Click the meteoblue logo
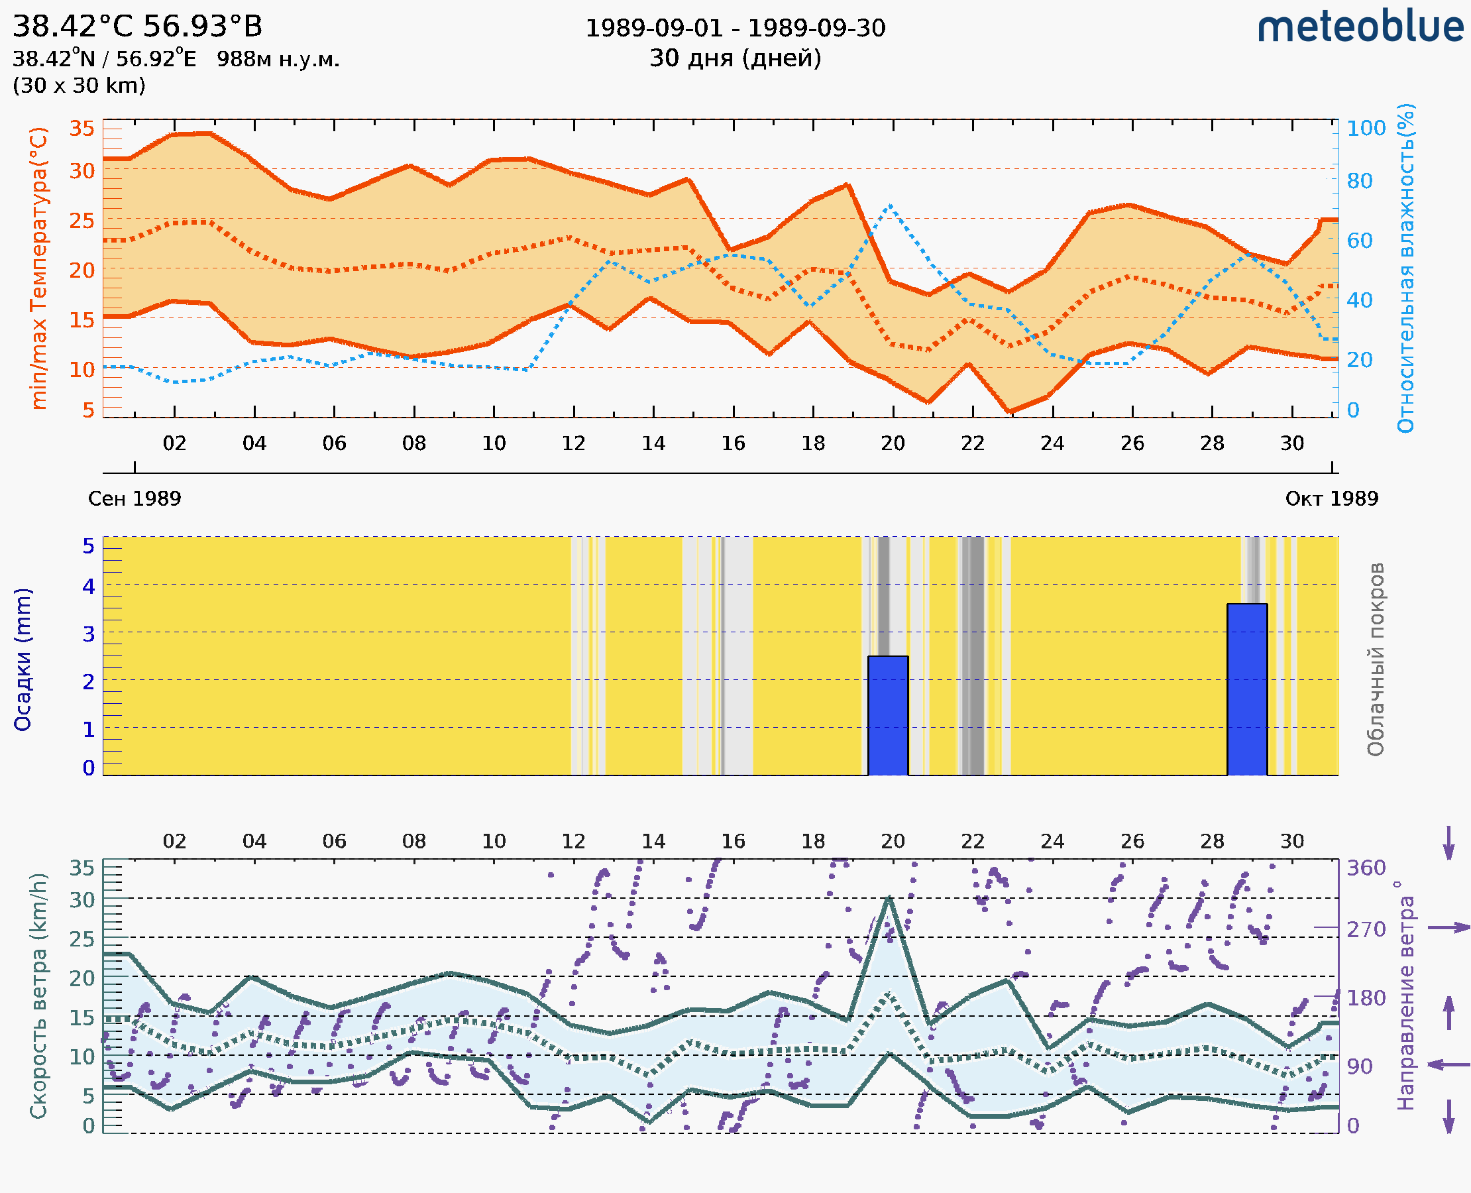click(1360, 27)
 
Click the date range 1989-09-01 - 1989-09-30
click(735, 28)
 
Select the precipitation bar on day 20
click(888, 715)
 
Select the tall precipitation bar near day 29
click(1246, 689)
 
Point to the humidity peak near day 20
click(890, 205)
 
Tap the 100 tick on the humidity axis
click(1365, 128)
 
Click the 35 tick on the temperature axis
click(82, 128)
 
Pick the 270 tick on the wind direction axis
click(1365, 929)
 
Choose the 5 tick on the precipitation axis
click(89, 546)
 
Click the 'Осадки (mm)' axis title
click(23, 659)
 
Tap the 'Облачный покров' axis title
click(1376, 659)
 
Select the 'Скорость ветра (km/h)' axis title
click(38, 995)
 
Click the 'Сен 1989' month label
click(135, 498)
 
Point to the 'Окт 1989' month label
click(1332, 498)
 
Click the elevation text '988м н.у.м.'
click(278, 59)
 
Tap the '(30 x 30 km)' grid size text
click(79, 85)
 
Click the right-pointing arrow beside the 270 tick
click(1448, 928)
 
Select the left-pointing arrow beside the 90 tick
click(1448, 1064)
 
